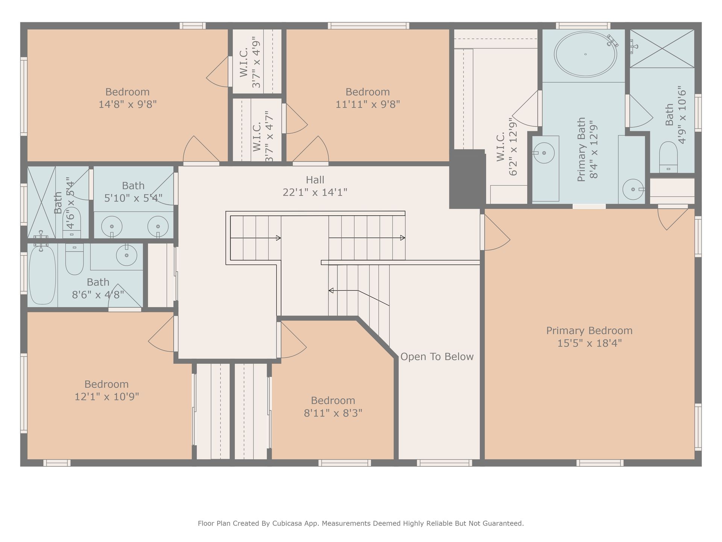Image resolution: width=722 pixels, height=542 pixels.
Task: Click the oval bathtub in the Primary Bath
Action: click(x=585, y=54)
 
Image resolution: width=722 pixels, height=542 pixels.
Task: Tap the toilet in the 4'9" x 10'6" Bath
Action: click(x=668, y=157)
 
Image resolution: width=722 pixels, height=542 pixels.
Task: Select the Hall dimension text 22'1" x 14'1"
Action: click(x=315, y=192)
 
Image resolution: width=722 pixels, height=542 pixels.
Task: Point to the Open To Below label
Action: click(x=437, y=357)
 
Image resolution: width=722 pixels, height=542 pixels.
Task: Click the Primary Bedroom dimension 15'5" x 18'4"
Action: click(x=589, y=343)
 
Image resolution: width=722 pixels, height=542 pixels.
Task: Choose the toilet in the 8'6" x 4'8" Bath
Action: click(x=74, y=259)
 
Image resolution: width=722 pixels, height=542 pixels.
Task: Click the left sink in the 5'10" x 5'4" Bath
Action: click(x=112, y=227)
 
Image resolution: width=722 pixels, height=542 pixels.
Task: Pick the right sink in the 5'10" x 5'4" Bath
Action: click(x=158, y=227)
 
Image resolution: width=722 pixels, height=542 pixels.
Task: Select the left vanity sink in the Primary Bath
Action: click(x=544, y=153)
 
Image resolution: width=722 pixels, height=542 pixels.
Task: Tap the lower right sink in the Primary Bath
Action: click(x=634, y=189)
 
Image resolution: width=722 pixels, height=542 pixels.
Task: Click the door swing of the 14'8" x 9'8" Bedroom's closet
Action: click(x=217, y=72)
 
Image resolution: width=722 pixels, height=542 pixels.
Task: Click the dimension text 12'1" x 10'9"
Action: click(x=107, y=397)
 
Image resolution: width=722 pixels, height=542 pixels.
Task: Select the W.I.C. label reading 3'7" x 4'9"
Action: click(x=250, y=62)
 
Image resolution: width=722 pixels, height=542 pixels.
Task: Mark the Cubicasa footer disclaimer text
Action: click(x=361, y=523)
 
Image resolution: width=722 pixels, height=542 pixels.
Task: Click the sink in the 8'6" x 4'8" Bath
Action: click(x=127, y=255)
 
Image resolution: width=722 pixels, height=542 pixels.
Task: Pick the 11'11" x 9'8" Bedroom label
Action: click(x=367, y=98)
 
